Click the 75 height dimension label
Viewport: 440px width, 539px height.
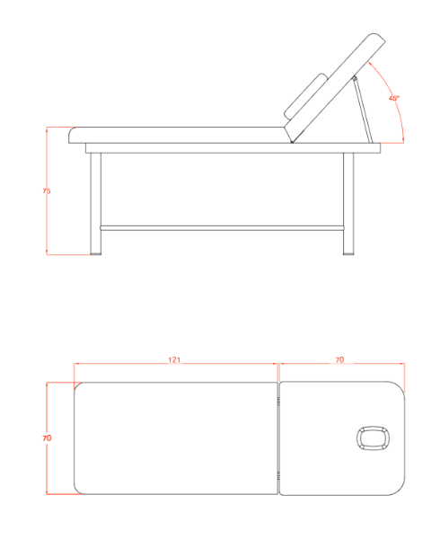tap(47, 190)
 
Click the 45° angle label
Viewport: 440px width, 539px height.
tap(394, 98)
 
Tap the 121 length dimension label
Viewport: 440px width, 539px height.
tap(174, 360)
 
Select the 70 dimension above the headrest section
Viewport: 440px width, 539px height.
tap(339, 360)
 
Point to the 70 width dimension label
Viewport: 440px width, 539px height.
tap(47, 438)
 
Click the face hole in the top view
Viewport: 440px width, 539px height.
tap(373, 438)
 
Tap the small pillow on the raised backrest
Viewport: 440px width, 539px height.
tap(306, 96)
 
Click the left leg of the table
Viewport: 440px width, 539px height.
tap(95, 204)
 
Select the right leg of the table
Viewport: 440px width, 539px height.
tap(348, 204)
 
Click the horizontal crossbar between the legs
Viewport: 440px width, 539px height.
tap(222, 228)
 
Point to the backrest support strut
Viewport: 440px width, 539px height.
tap(364, 110)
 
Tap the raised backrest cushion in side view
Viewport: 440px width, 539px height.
tap(335, 88)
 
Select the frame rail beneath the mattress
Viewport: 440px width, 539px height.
tap(233, 148)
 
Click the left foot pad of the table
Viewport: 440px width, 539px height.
tap(96, 254)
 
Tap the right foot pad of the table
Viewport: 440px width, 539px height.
tap(348, 254)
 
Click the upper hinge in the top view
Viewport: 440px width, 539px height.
tap(278, 401)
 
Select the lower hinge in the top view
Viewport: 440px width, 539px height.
tap(278, 476)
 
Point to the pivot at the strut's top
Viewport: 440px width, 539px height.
tap(355, 79)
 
